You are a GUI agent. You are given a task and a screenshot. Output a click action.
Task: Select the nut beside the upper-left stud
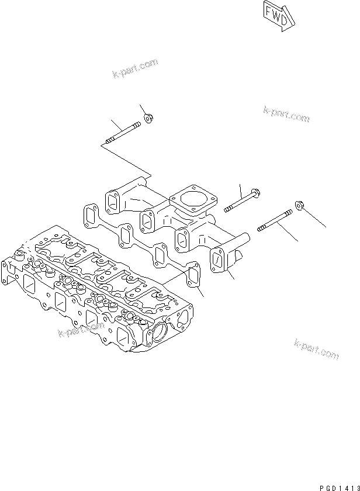(x=148, y=120)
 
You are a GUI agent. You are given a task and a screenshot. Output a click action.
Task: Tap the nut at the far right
(x=298, y=206)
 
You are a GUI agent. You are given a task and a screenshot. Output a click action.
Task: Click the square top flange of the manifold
(x=191, y=202)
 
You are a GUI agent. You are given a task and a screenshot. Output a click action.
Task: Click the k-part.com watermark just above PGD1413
(x=316, y=349)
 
